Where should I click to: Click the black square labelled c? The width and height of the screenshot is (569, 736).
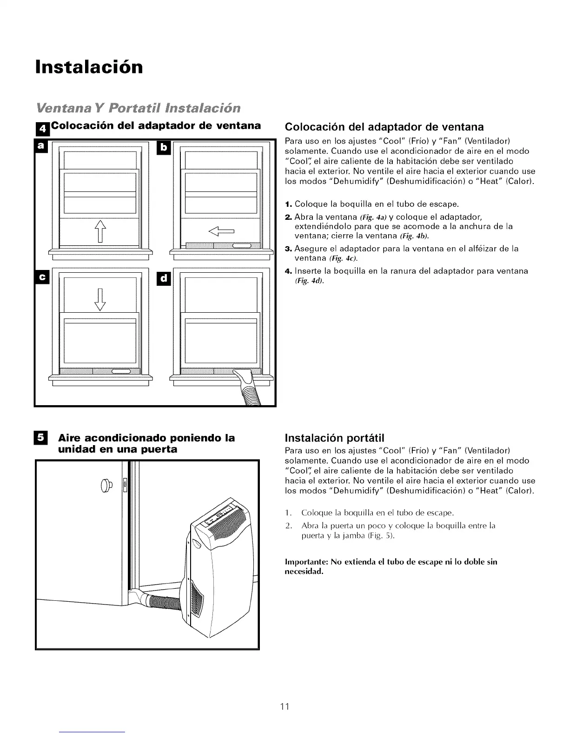tap(41, 277)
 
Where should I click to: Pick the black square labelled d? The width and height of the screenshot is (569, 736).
tap(164, 279)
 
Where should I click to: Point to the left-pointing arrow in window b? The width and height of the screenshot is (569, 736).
tap(223, 230)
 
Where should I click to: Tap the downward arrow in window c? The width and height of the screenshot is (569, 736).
tap(100, 299)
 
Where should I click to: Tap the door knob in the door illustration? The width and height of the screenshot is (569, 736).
tap(106, 484)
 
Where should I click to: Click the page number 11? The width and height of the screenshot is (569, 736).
tap(285, 706)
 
